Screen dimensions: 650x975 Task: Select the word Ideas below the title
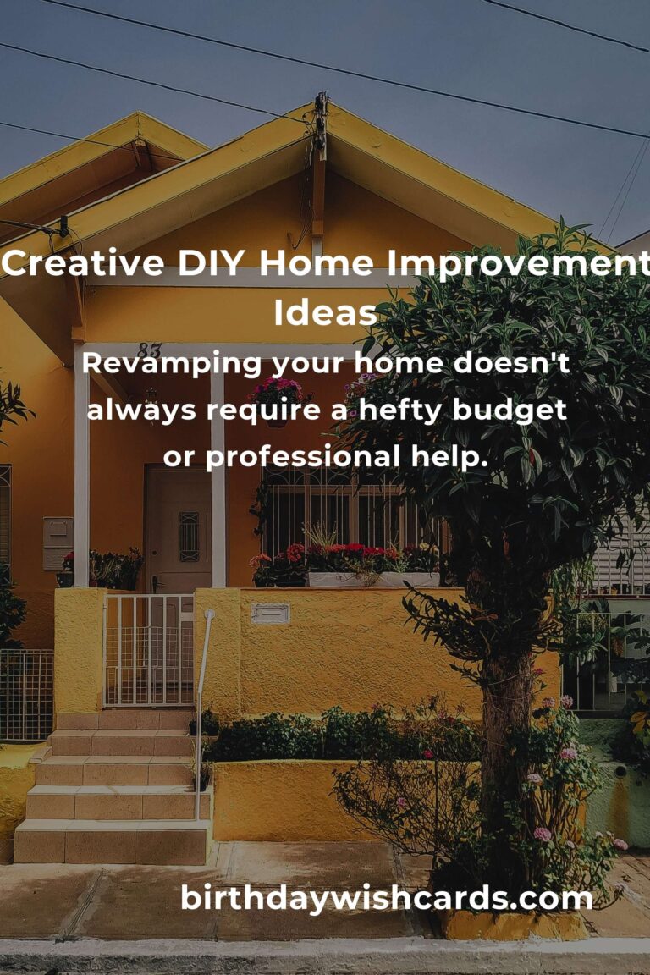[325, 312]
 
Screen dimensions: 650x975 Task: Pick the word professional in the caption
[303, 458]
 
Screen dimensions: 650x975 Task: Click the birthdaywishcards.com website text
[386, 898]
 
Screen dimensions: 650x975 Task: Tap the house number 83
[149, 350]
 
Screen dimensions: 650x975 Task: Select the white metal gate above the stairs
[149, 650]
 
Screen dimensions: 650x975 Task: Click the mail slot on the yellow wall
[270, 613]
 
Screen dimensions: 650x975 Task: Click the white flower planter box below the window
[373, 579]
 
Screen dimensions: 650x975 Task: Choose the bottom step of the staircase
[111, 842]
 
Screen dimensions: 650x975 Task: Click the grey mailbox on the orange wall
[58, 543]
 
